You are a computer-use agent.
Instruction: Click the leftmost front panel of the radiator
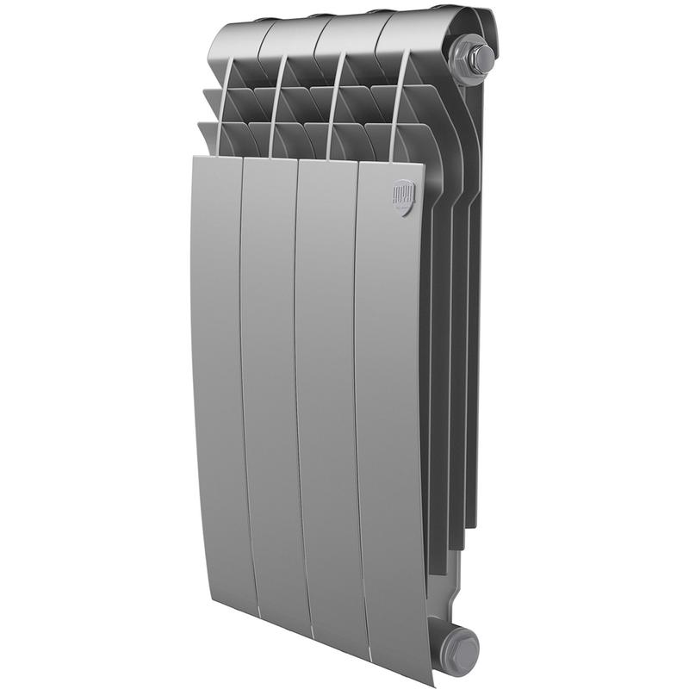[217, 379]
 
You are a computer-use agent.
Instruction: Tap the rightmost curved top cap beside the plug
[413, 30]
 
